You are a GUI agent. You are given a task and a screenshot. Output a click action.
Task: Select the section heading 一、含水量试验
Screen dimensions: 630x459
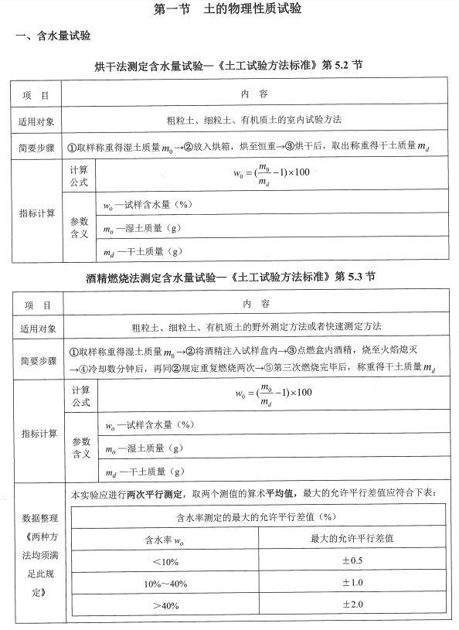click(x=53, y=36)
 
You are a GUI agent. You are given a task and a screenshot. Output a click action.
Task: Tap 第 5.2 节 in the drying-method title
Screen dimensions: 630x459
click(x=343, y=66)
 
